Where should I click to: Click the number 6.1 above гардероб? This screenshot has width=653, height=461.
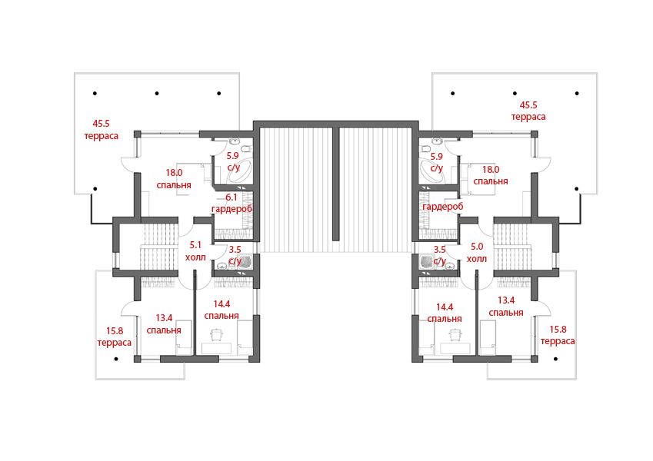click(232, 197)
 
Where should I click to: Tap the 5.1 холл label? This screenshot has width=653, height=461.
click(195, 251)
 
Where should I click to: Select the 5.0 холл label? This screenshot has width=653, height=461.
click(477, 253)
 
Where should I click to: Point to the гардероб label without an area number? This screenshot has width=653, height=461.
click(443, 207)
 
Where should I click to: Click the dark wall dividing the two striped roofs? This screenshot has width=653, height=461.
click(335, 184)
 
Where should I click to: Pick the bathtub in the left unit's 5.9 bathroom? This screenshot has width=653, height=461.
click(239, 172)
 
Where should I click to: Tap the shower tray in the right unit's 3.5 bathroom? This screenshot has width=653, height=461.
click(428, 262)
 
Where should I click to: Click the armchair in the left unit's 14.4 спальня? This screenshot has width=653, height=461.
click(217, 334)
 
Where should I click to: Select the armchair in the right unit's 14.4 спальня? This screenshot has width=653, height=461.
click(455, 334)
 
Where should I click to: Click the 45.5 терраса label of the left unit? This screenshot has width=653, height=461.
click(102, 130)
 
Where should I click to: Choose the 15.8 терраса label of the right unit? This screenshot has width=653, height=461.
click(558, 335)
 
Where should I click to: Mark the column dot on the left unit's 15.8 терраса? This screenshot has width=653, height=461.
click(116, 359)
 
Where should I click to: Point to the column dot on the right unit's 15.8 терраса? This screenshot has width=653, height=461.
click(555, 359)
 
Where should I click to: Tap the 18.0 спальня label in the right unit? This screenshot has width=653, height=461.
click(491, 175)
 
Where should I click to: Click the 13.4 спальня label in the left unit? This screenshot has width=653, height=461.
click(164, 324)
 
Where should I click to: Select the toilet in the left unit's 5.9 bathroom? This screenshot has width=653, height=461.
click(246, 149)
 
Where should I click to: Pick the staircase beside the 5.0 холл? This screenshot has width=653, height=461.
click(513, 247)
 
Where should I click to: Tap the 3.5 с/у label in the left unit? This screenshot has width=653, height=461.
click(235, 255)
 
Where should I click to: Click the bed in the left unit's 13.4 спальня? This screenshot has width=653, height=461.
click(184, 337)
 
